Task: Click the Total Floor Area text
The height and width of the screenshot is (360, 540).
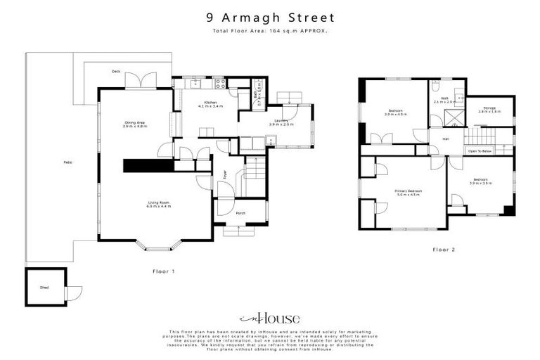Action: tap(270, 32)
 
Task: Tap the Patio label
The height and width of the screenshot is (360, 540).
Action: tap(68, 162)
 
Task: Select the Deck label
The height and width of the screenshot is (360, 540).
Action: tap(116, 72)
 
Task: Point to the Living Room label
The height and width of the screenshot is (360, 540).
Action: tap(158, 204)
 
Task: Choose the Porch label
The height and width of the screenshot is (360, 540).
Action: tap(240, 212)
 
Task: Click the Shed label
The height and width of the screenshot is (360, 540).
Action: tap(44, 287)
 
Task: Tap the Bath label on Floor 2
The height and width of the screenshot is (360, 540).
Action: tap(443, 101)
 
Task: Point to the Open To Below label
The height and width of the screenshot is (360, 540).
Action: tap(480, 151)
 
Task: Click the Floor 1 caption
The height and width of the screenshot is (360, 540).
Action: tap(164, 271)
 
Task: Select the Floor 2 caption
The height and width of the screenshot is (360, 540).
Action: tap(444, 249)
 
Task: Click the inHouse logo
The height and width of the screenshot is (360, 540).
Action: tap(270, 317)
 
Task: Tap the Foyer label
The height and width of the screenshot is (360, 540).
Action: tap(225, 174)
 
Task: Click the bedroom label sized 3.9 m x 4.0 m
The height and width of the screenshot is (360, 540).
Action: tap(396, 112)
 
